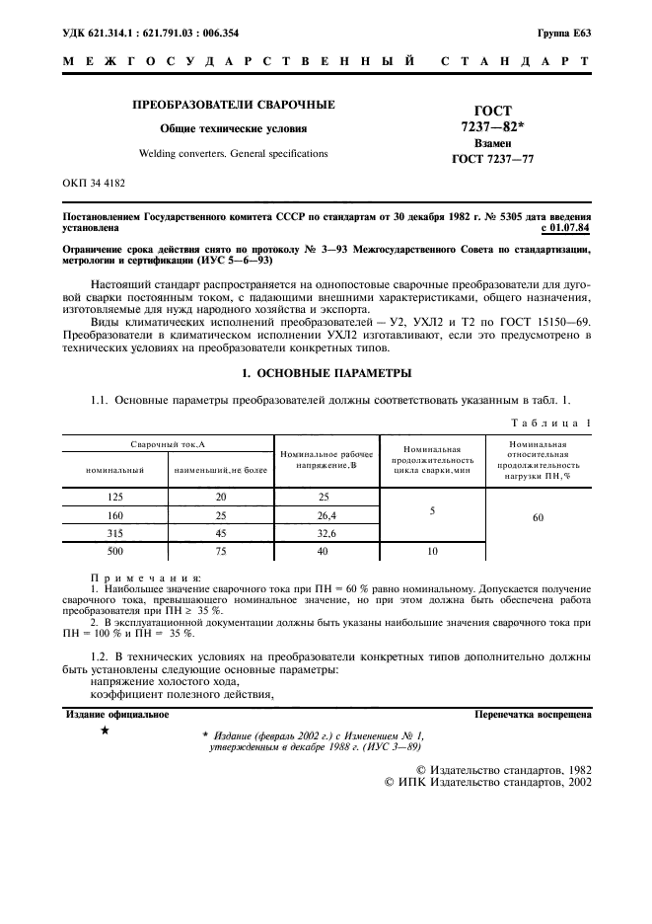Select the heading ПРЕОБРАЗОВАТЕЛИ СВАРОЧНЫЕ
(234, 104)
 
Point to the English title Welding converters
(233, 154)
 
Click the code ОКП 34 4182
(93, 183)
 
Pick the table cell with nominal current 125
(114, 497)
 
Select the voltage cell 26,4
(326, 514)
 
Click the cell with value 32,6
(326, 532)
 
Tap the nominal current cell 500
(114, 551)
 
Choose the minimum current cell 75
(220, 551)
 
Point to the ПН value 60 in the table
(538, 515)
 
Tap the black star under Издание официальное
(105, 731)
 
